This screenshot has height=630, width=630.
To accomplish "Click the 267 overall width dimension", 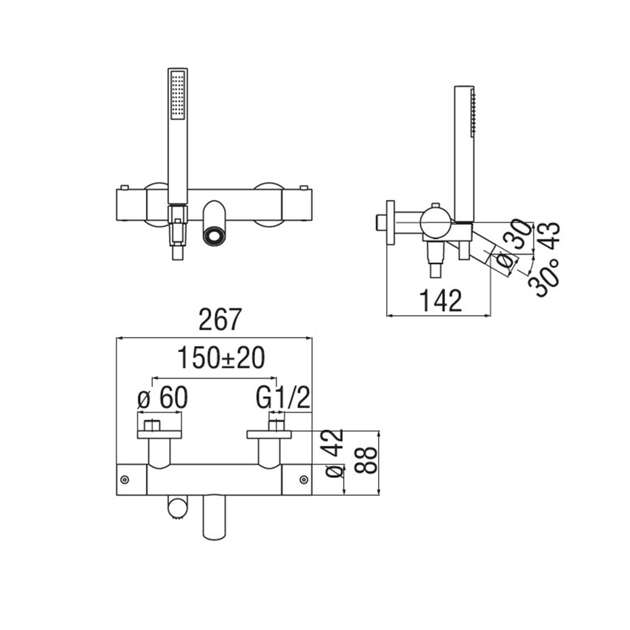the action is [221, 319].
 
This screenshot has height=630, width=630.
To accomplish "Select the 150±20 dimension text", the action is [221, 358].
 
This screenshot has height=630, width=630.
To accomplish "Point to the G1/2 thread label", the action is [283, 398].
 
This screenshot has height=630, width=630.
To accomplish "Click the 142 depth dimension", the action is [441, 299].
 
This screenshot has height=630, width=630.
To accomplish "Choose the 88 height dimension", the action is [366, 460].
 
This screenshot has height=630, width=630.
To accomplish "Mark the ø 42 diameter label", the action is [334, 453].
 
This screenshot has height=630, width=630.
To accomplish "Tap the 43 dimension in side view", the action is [548, 236].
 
